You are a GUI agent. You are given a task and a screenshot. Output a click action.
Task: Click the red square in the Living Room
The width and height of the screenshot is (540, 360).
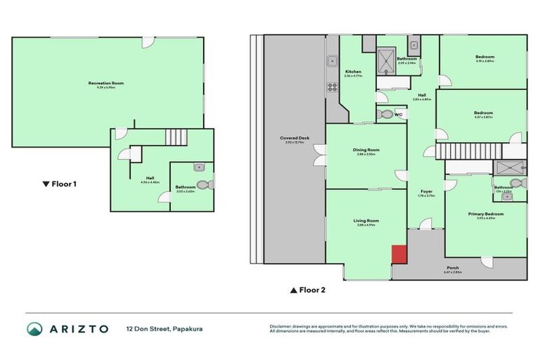point(399,254)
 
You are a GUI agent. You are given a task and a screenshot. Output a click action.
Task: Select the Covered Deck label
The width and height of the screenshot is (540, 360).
point(294,139)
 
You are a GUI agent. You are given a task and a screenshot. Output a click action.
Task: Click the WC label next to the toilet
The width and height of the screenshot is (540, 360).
point(398,115)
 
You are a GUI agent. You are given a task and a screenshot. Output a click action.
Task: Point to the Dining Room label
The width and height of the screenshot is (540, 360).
point(366,150)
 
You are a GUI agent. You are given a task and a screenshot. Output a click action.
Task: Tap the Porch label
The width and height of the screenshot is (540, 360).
point(453,268)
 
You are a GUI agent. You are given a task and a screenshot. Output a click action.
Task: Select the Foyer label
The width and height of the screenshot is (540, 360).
point(426,191)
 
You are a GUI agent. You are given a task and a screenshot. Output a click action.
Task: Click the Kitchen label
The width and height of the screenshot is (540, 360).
point(353,72)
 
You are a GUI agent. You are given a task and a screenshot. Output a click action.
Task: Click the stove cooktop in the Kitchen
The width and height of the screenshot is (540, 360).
point(331,88)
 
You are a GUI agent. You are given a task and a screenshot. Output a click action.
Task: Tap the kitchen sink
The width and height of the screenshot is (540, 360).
point(330,61)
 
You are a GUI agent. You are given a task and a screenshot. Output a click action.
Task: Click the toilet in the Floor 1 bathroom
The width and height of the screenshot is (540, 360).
point(204,185)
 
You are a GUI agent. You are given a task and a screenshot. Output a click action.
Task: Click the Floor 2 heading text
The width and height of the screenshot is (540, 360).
point(308,289)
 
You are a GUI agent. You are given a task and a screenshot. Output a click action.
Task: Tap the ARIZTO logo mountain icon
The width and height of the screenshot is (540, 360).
point(34,328)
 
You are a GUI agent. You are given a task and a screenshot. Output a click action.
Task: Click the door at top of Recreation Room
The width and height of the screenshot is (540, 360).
point(148,42)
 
